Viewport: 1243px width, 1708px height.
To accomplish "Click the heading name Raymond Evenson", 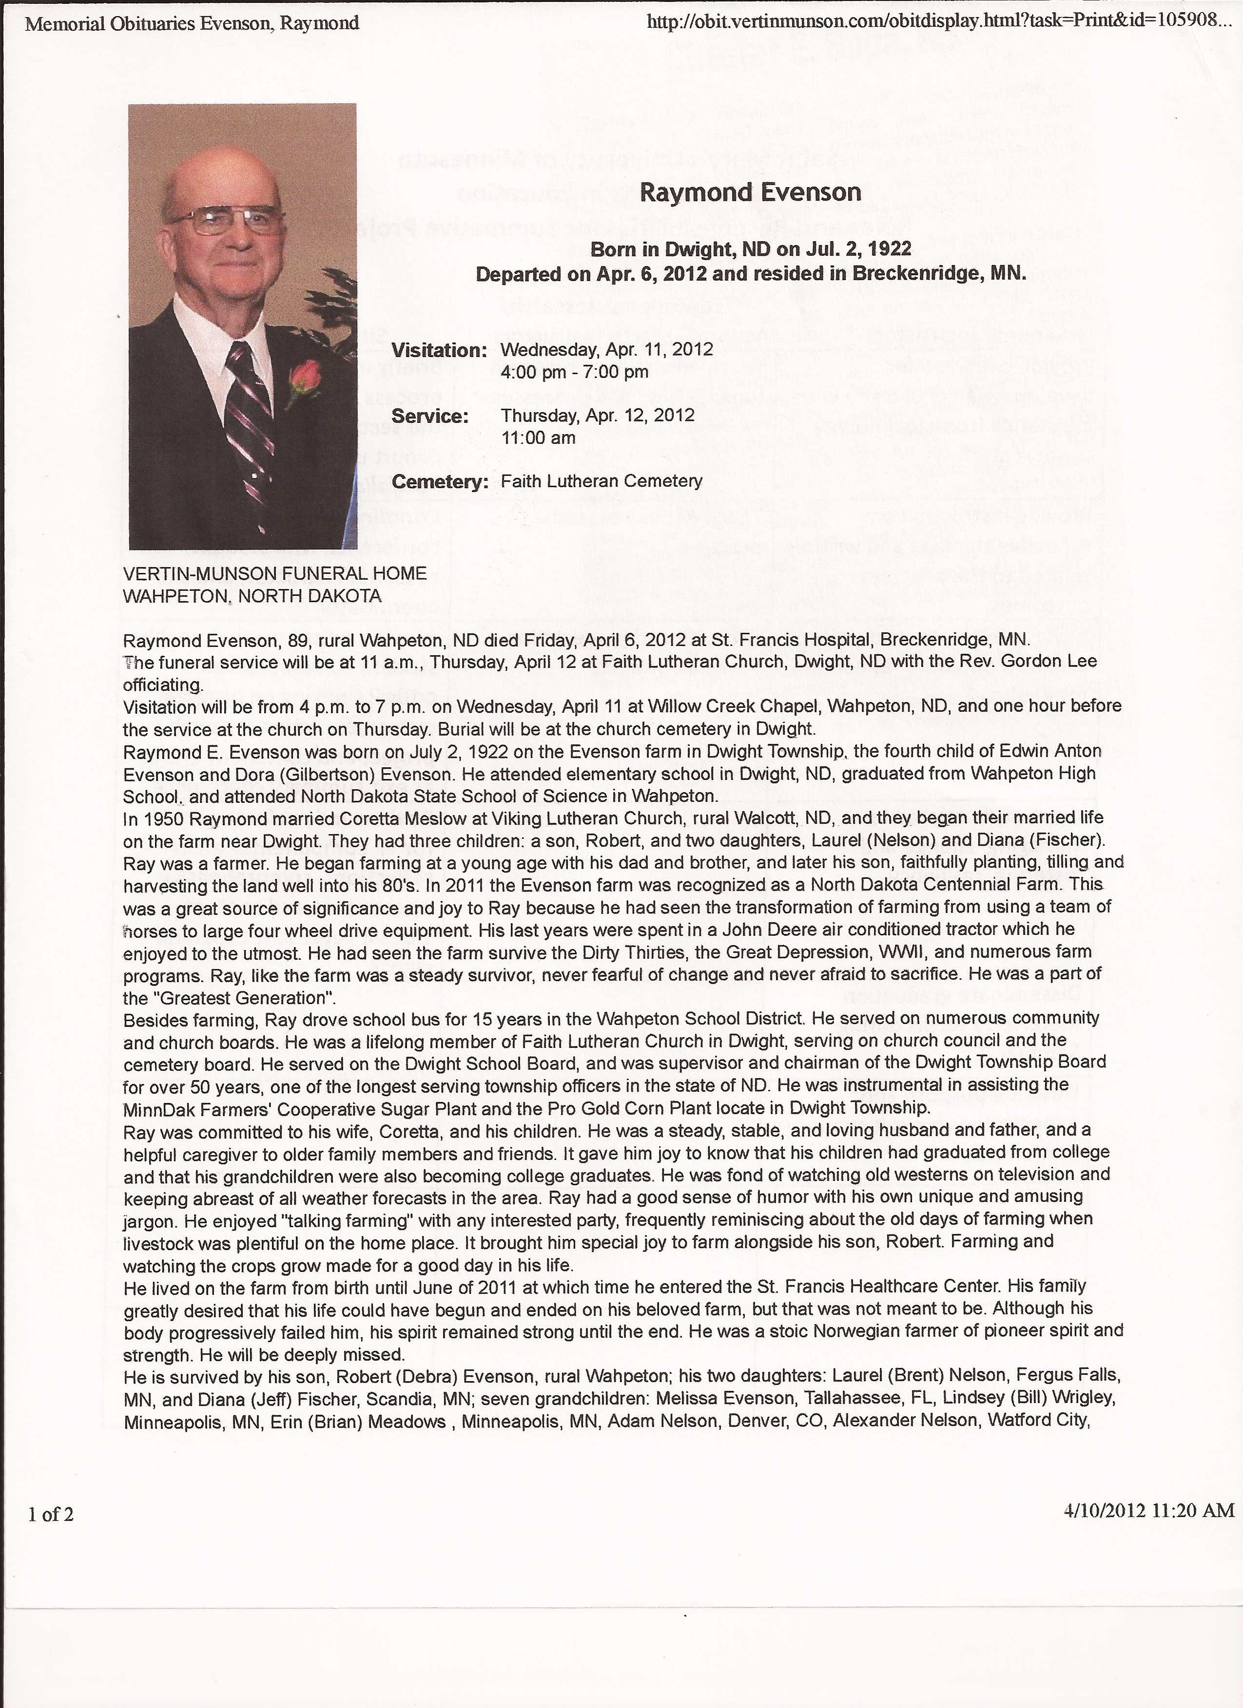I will coord(750,193).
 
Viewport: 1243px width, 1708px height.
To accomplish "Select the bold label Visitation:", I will coord(439,350).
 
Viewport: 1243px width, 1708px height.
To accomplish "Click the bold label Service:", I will coord(429,416).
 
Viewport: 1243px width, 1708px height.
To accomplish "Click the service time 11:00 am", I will coord(538,437).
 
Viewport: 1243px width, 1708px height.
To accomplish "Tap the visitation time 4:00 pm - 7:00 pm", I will coord(574,371).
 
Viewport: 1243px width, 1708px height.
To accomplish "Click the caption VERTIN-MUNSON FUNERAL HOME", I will coord(274,573).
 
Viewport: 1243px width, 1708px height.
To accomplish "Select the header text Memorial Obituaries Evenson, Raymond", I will coord(192,24).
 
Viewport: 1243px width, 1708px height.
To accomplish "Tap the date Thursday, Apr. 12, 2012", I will coord(598,416).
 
